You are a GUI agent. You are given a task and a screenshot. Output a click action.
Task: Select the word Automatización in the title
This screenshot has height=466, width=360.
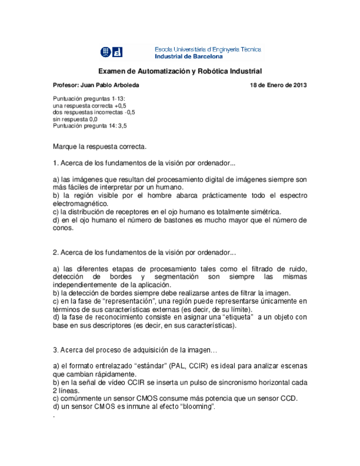point(159,71)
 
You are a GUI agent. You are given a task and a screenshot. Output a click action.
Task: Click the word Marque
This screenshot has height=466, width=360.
point(65,147)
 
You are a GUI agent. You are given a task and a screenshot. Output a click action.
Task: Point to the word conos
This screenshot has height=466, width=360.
point(63,229)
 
